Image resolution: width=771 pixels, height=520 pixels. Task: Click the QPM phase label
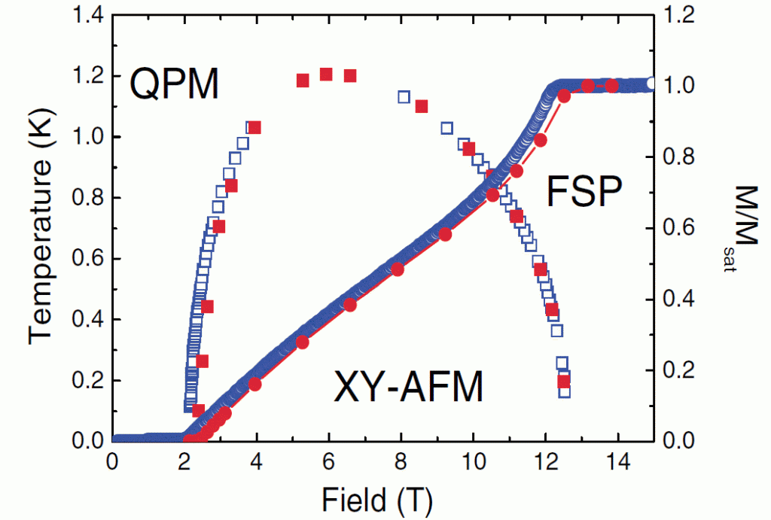coord(174,84)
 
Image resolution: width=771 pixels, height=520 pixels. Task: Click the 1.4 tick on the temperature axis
coord(84,15)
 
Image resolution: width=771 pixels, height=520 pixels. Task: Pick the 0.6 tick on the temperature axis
coord(84,259)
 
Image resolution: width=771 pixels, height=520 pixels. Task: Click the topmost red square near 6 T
coord(326,74)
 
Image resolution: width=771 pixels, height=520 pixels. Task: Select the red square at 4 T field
coord(254,127)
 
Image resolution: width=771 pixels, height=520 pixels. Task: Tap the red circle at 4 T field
coord(254,385)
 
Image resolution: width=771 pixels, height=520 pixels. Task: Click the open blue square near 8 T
coord(404,97)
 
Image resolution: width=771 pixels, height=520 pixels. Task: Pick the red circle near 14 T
coord(612,86)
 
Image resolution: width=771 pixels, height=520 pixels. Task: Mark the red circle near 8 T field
coord(398,269)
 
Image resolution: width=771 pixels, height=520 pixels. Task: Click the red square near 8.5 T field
coord(422,106)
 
